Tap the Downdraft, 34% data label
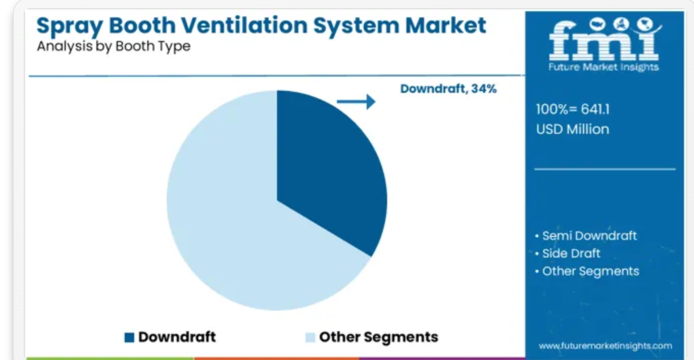tap(448, 89)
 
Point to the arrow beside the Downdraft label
tap(356, 101)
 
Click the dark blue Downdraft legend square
tap(129, 338)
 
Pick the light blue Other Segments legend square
tap(310, 338)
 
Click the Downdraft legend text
tap(177, 337)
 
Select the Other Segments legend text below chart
tap(378, 337)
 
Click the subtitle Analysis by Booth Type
tap(114, 46)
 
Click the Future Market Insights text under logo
tap(604, 67)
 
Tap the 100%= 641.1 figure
tap(573, 110)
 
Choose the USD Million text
tap(573, 129)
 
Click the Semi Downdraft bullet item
tap(586, 235)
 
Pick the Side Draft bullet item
tap(568, 253)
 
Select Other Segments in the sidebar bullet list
tap(587, 271)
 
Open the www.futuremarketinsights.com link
tap(605, 346)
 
